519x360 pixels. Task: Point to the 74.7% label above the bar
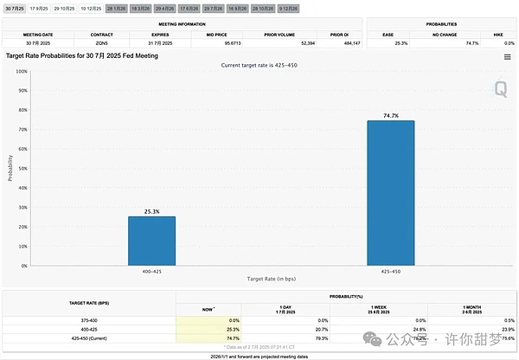390,113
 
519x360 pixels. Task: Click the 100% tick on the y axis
22,71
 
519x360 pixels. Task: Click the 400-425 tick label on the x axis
151,271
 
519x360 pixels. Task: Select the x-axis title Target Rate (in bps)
272,279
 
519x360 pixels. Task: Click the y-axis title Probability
10,168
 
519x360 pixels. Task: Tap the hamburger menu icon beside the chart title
507,56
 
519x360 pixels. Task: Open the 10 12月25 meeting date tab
91,8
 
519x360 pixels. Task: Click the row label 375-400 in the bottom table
89,320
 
